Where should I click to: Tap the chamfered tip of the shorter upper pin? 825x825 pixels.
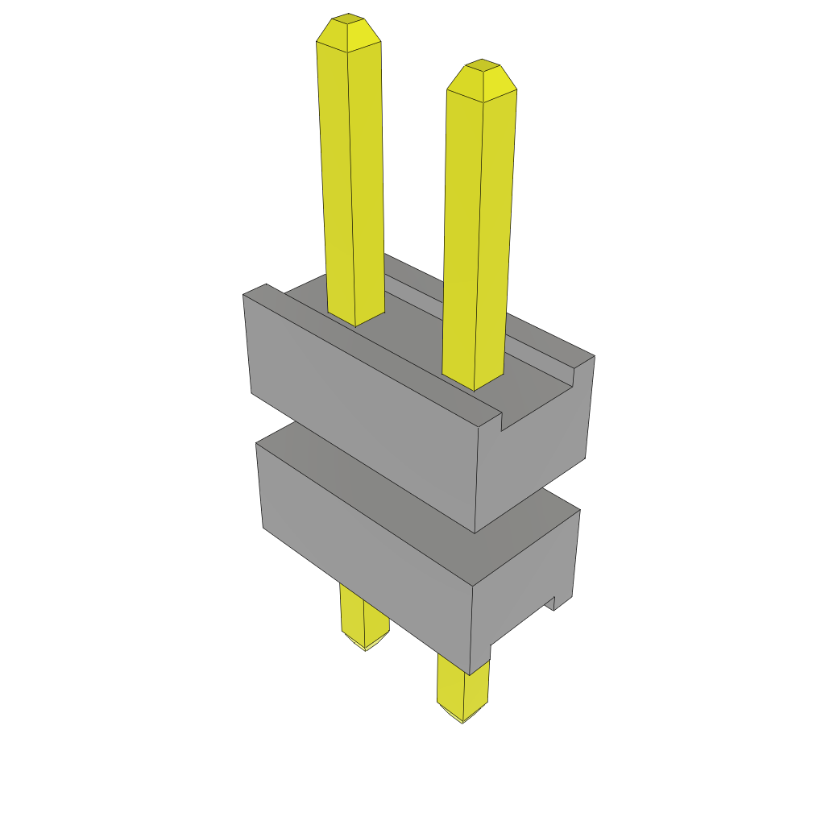[x=482, y=77]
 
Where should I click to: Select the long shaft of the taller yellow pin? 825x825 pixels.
[x=351, y=177]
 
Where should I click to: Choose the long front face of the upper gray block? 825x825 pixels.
[x=363, y=403]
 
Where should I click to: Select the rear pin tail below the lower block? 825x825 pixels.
[x=364, y=616]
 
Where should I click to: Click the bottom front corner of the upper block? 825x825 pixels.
[x=475, y=533]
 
